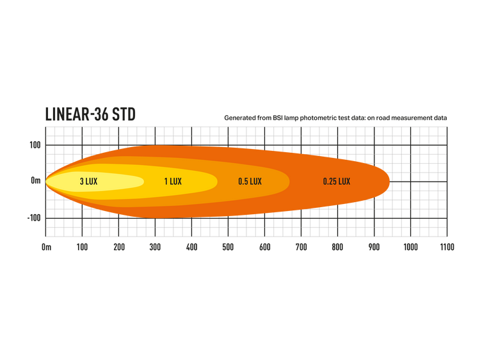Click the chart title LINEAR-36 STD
pyautogui.click(x=90, y=114)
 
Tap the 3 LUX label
pyautogui.click(x=89, y=182)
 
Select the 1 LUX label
pyautogui.click(x=173, y=182)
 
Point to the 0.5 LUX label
pyautogui.click(x=250, y=182)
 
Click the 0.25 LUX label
pyautogui.click(x=337, y=182)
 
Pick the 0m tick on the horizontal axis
pyautogui.click(x=47, y=247)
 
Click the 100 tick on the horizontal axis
pyautogui.click(x=82, y=247)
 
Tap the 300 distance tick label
pyautogui.click(x=156, y=247)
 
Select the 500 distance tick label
pyautogui.click(x=228, y=247)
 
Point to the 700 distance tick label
pyautogui.click(x=301, y=247)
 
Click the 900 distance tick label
pyautogui.click(x=374, y=247)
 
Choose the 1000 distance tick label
pyautogui.click(x=410, y=247)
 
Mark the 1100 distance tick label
pyautogui.click(x=447, y=247)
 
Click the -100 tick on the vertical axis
pyautogui.click(x=34, y=218)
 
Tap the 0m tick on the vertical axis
pyautogui.click(x=36, y=181)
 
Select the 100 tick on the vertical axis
pyautogui.click(x=35, y=145)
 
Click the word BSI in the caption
pyautogui.click(x=278, y=118)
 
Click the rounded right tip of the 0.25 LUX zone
pyautogui.click(x=389, y=182)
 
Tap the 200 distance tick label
pyautogui.click(x=119, y=247)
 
